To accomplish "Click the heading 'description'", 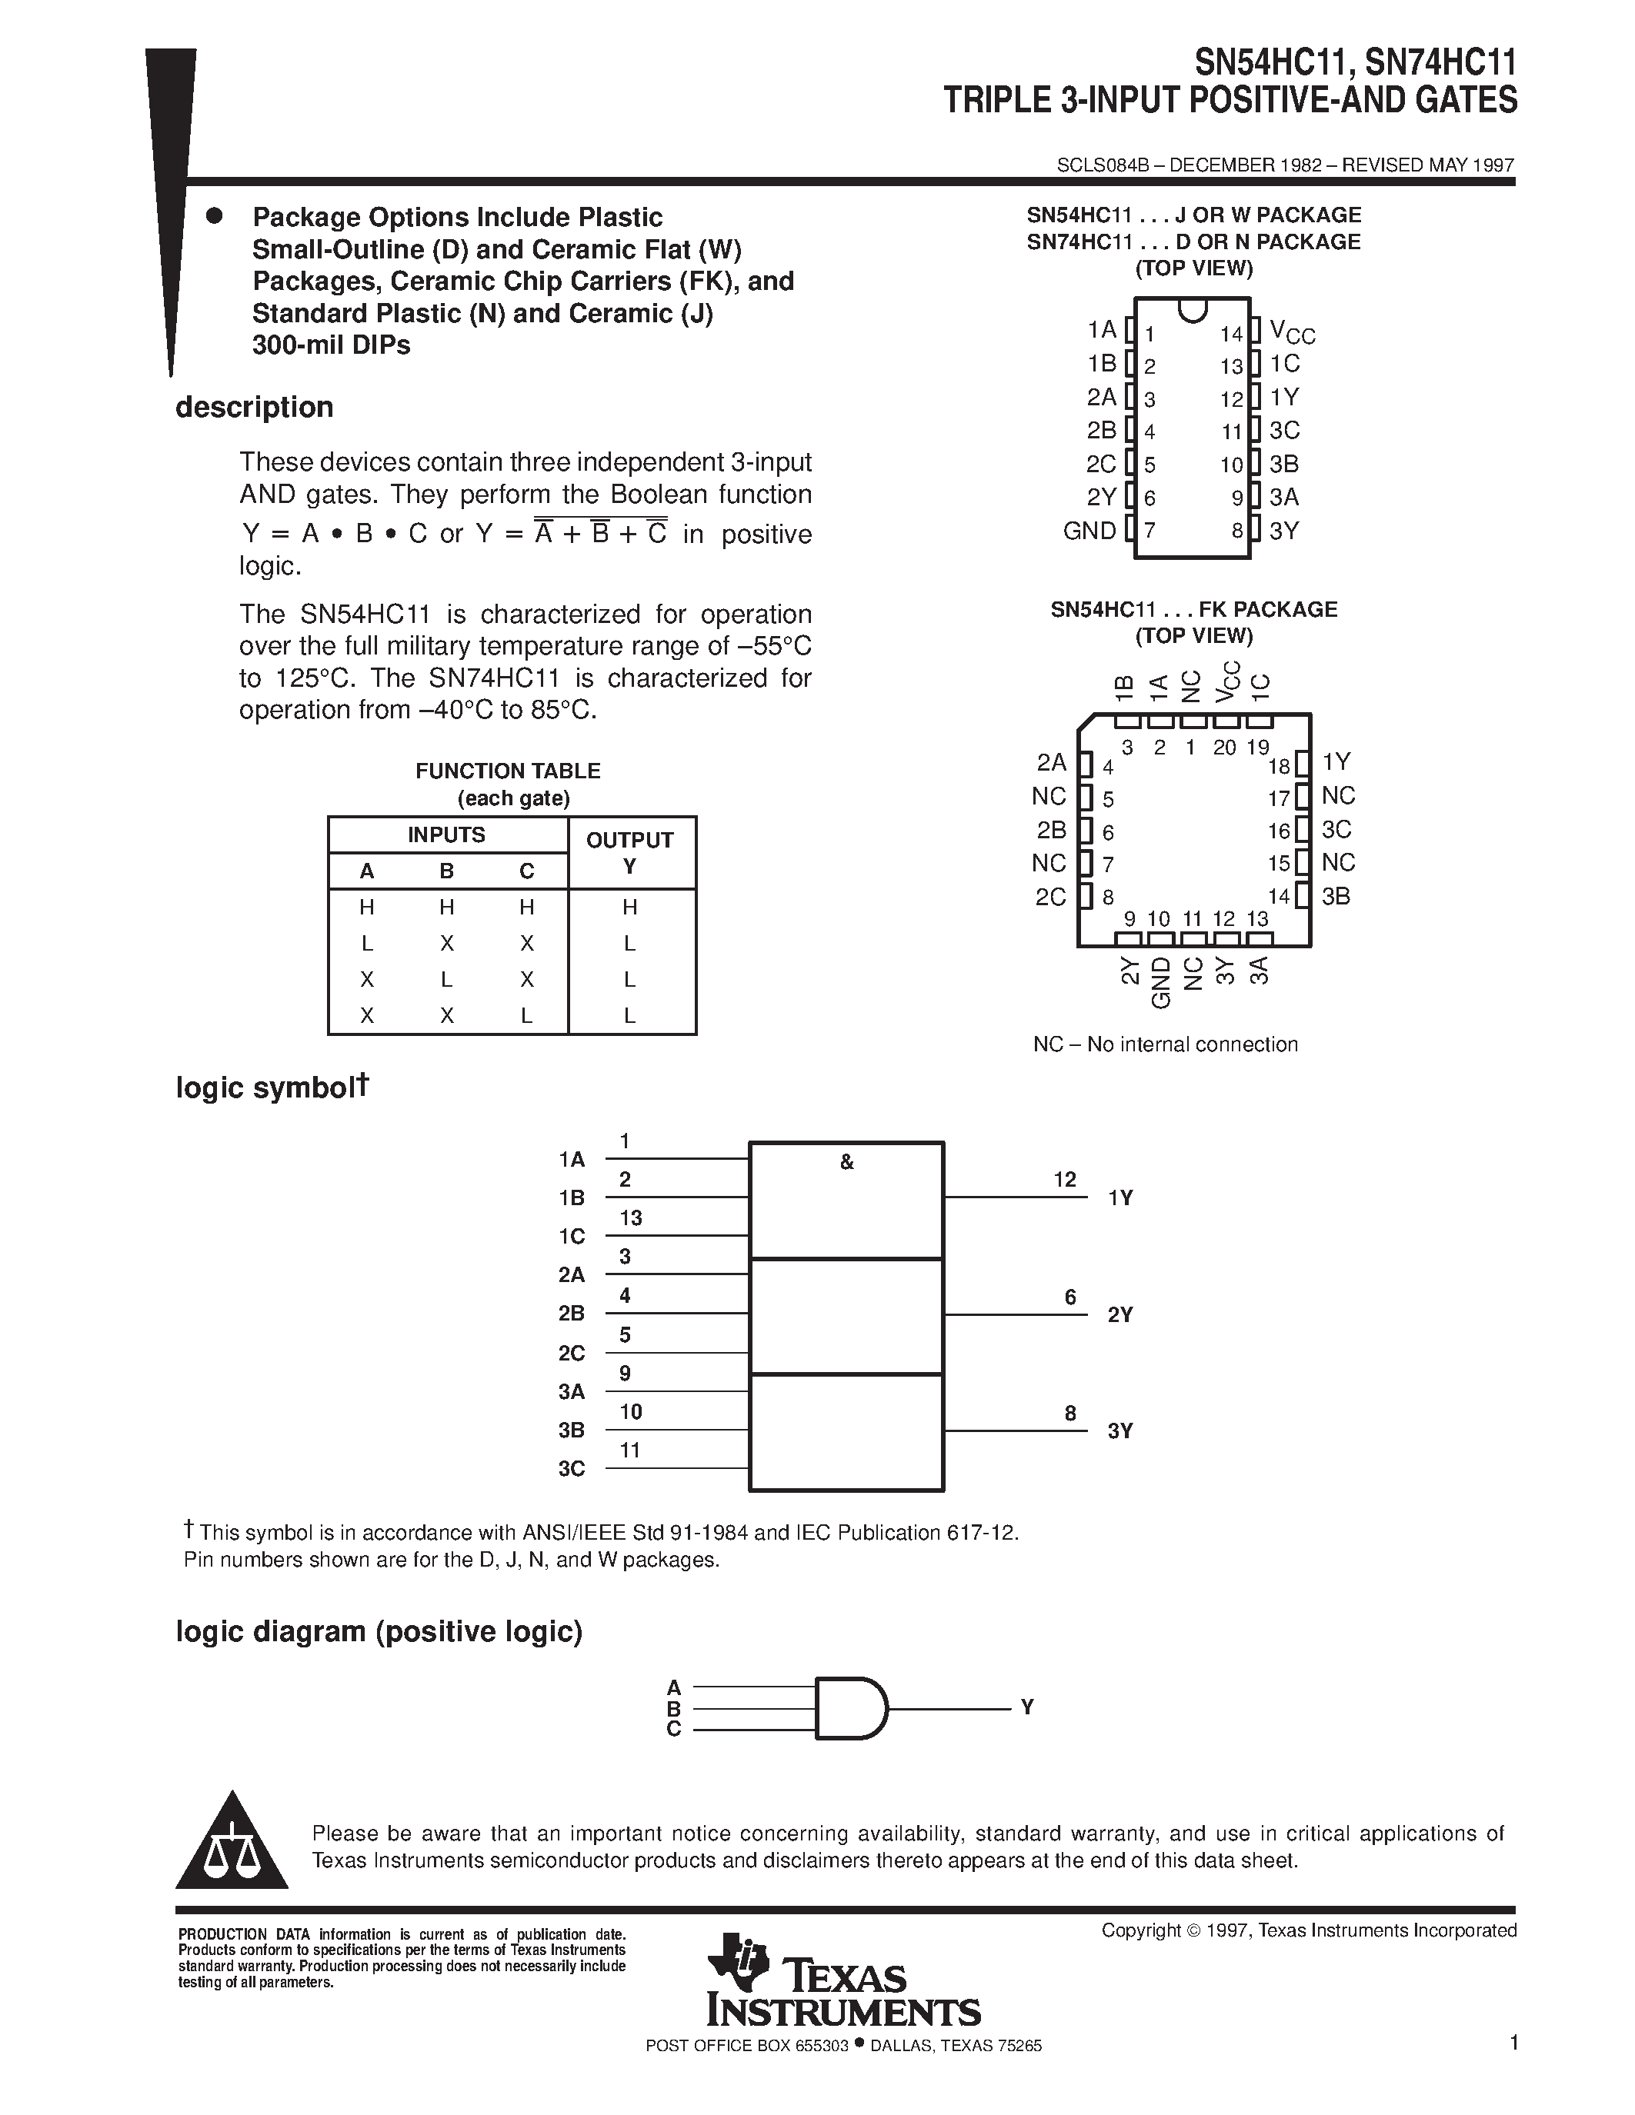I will click(254, 408).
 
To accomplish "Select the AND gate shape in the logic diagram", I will click(850, 1708).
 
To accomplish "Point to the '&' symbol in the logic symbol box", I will click(846, 1162).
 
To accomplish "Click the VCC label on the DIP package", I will click(1291, 332).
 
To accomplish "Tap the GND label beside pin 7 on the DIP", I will click(1089, 531).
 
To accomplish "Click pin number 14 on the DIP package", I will click(1230, 334).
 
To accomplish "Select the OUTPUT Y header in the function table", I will click(629, 852).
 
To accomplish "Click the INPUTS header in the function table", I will click(446, 834).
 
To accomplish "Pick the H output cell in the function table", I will click(629, 908).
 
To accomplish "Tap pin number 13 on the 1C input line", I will click(631, 1218).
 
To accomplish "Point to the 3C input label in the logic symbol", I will click(572, 1469).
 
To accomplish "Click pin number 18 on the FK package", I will click(1279, 766).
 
